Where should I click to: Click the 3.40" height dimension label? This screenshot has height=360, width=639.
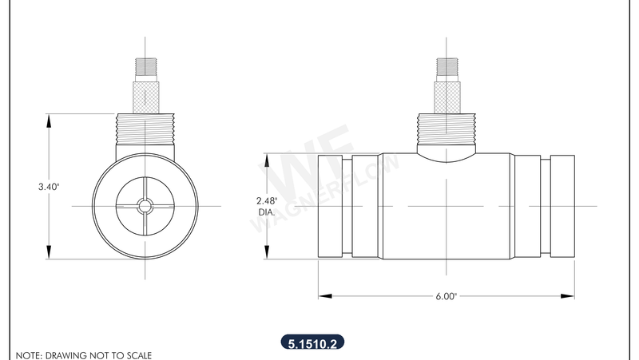point(49,186)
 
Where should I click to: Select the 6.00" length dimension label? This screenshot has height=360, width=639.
point(446,296)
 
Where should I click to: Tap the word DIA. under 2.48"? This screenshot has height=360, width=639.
point(266,212)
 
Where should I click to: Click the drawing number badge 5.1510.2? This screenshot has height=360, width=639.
point(312,343)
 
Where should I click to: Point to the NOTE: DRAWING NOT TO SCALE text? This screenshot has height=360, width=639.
point(83,354)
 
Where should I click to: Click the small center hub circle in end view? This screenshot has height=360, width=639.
point(145,206)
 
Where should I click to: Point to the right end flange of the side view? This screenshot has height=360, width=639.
point(562,206)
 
